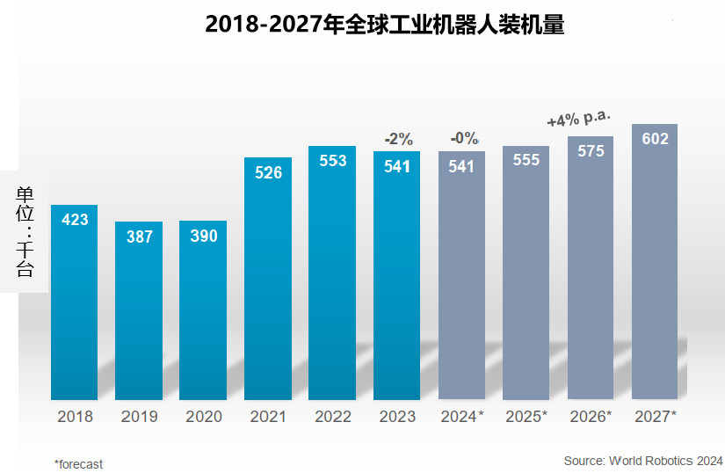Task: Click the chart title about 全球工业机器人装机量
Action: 384,24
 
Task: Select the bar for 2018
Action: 75,303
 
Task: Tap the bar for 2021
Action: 268,281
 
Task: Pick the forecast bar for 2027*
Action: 655,264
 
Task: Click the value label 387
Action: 139,236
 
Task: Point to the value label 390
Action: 203,236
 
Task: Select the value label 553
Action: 332,161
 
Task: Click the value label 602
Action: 655,139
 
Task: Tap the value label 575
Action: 591,150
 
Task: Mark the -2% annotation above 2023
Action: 398,139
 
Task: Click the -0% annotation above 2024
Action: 463,138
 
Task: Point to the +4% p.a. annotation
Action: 578,120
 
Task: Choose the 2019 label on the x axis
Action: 139,417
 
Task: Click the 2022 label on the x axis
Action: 332,417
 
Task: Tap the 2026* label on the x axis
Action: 591,417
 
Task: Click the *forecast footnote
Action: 78,463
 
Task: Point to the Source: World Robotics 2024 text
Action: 643,460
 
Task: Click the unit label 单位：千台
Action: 25,231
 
